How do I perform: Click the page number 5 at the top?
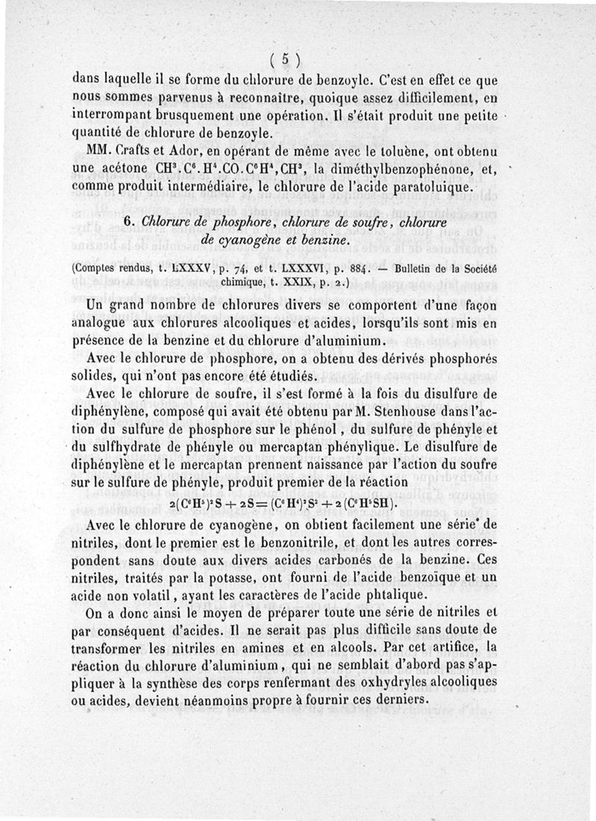click(285, 60)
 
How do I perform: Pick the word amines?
click(305, 651)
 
